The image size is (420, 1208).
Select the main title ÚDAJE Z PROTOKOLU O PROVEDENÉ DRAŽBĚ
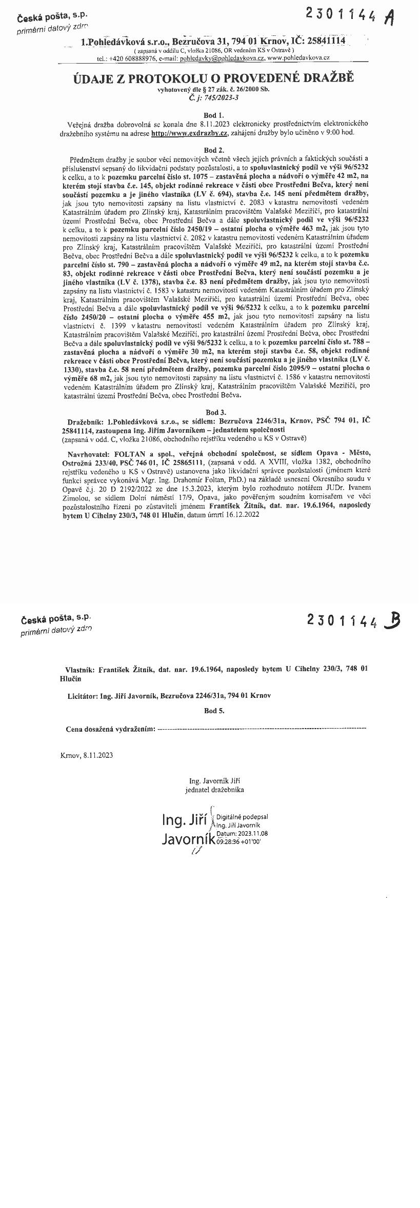213,78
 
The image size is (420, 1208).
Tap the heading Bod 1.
213,115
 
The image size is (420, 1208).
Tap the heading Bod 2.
213,150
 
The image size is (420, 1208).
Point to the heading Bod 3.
213,412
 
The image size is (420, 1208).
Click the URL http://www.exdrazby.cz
189,133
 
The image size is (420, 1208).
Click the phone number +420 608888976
133,59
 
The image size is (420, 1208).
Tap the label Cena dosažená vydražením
110,729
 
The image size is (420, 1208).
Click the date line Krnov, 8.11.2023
87,755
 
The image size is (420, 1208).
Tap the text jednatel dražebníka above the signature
214,790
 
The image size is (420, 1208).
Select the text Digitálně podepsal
242,817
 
